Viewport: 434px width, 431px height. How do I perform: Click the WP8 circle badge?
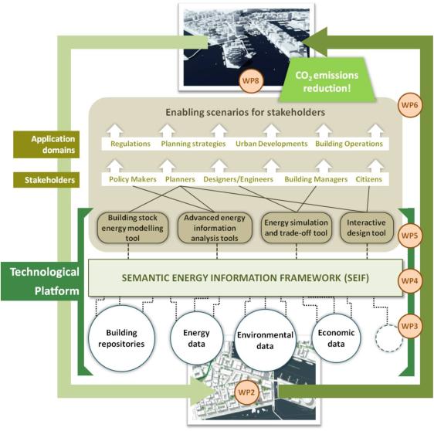251,81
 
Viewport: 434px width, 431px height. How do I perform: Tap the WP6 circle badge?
409,105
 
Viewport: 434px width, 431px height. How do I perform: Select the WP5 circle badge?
409,236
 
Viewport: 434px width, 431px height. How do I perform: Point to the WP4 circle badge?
409,280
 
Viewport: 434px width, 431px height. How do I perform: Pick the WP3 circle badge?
409,326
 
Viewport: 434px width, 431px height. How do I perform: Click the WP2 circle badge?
246,392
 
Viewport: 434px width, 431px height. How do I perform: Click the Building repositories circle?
121,338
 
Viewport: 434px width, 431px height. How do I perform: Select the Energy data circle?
196,338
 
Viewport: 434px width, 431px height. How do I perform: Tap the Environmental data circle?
265,340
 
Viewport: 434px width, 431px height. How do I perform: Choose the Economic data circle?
336,338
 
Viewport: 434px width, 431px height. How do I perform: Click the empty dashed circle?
389,338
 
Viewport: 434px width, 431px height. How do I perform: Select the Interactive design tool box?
367,228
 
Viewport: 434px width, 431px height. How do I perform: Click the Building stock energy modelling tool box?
133,228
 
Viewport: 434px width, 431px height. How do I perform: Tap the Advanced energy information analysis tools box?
215,228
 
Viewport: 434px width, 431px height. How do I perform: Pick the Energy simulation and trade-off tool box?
297,228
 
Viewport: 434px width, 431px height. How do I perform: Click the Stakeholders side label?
46,180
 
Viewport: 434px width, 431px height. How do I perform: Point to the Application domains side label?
46,144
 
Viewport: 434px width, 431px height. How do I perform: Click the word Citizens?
368,179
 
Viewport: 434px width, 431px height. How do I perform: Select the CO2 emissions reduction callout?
327,80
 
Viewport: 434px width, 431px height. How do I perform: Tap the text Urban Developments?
272,144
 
